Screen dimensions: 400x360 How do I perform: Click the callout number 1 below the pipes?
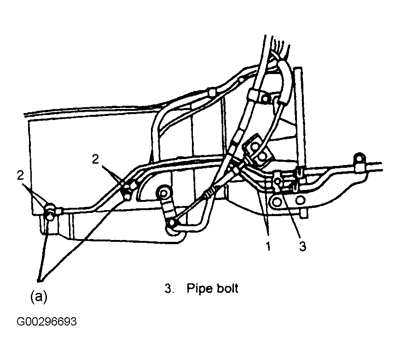268,246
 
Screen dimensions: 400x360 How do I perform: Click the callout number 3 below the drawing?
302,246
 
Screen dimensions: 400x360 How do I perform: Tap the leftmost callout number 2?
20,176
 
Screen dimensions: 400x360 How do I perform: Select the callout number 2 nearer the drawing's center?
95,159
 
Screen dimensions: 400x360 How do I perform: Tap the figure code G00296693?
46,321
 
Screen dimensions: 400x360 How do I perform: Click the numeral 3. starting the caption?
169,288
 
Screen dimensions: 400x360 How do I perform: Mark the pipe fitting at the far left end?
50,211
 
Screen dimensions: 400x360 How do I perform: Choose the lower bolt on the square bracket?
262,158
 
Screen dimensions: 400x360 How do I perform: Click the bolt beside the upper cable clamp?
265,98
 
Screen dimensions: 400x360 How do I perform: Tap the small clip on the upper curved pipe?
211,92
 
